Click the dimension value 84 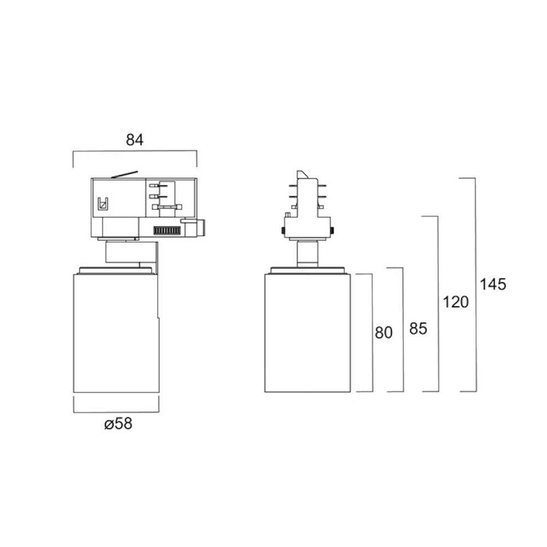135,140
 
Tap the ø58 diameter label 118,424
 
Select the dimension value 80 384,333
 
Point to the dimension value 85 418,328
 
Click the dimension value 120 456,302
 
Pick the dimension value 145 493,284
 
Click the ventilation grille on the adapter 167,231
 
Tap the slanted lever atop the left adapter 125,174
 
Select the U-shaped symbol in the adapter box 103,203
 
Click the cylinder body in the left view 116,333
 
